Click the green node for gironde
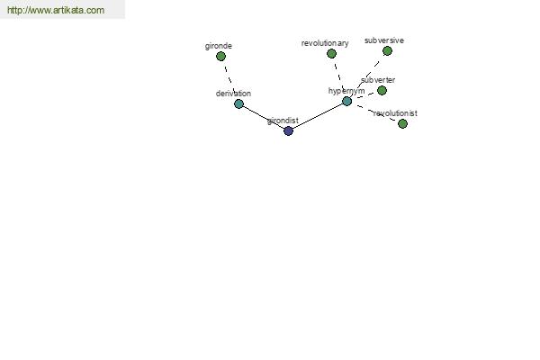[x=220, y=56]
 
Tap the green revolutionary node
[x=331, y=53]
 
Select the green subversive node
[x=387, y=51]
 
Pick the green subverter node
[x=382, y=91]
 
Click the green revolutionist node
[x=402, y=123]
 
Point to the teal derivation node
[x=238, y=103]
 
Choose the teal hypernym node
[x=346, y=102]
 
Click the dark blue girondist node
[x=288, y=130]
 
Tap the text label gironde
[x=219, y=46]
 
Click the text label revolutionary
[x=325, y=43]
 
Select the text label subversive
[x=384, y=40]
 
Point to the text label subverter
[x=378, y=80]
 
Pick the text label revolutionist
[x=395, y=113]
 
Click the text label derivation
[x=233, y=94]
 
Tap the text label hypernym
[x=346, y=91]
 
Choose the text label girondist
[x=283, y=121]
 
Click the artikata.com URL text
[x=56, y=10]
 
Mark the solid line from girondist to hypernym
[x=318, y=116]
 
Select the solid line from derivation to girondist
[x=264, y=117]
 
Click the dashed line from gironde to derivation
[x=229, y=80]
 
